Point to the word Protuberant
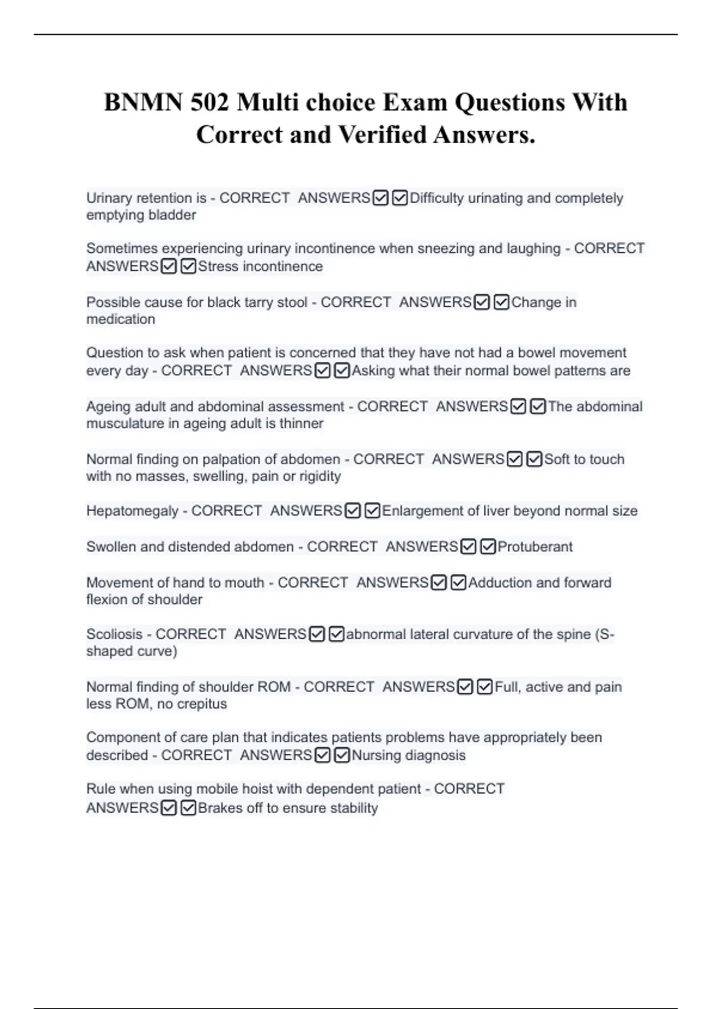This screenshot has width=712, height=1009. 535,547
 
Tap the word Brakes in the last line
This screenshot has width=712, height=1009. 220,808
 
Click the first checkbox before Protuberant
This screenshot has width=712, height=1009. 469,547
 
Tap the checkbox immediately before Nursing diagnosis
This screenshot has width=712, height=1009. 342,756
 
